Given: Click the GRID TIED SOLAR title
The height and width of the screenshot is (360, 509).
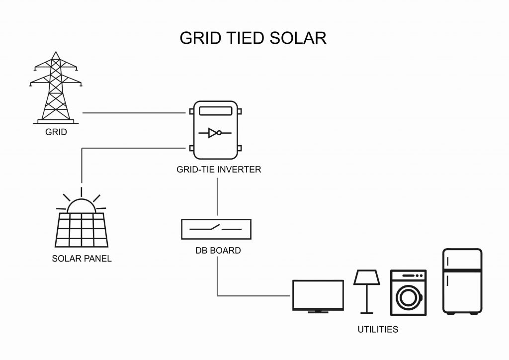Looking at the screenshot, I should click(x=253, y=38).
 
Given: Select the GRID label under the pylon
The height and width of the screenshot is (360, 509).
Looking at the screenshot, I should click(x=56, y=133).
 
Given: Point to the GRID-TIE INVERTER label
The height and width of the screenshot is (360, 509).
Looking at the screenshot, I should click(x=219, y=170).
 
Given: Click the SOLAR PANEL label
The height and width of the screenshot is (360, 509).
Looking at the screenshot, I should click(x=82, y=259).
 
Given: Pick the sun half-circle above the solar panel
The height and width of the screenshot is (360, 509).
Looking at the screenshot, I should click(x=81, y=205).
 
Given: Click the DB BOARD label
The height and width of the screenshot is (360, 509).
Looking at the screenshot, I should click(x=218, y=251).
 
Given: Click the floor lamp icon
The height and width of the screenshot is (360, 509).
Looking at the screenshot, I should click(x=367, y=291).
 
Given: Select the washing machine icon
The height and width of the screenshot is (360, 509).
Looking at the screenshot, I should click(x=408, y=293).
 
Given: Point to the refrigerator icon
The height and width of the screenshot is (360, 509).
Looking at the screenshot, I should click(x=462, y=281).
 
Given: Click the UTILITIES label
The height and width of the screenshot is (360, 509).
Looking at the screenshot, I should click(x=378, y=329).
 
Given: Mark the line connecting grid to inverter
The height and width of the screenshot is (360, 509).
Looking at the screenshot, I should click(x=133, y=113).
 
